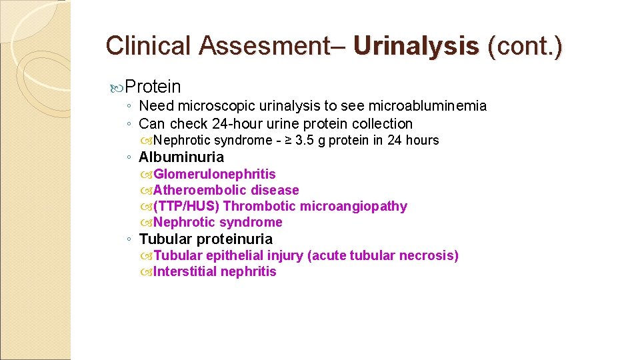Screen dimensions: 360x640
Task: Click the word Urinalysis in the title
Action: [x=416, y=45]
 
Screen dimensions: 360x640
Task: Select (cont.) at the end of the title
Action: [x=525, y=45]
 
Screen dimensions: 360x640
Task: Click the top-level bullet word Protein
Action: [x=153, y=87]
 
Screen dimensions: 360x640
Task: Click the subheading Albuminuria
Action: [x=181, y=157]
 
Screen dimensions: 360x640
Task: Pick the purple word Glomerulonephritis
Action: [x=214, y=175]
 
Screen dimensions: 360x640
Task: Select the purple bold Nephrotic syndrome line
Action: [x=217, y=223]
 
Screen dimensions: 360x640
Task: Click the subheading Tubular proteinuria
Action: [x=205, y=239]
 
